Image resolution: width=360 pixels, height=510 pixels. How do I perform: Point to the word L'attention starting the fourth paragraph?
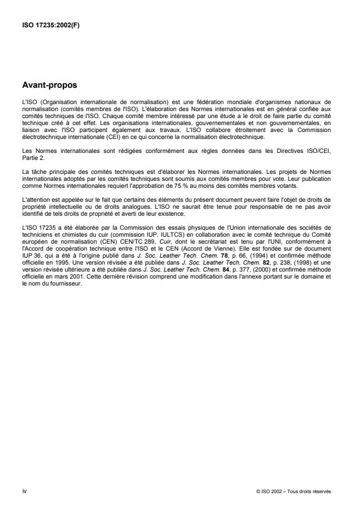(x=33, y=201)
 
